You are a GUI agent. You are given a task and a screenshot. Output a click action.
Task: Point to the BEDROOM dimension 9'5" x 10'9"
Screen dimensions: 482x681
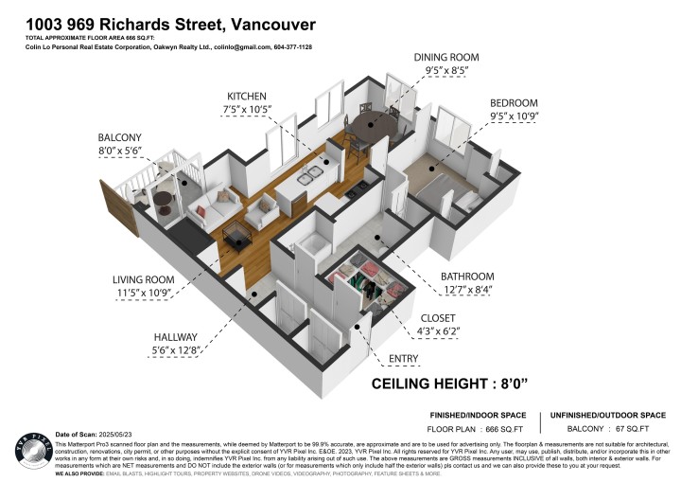click(x=514, y=118)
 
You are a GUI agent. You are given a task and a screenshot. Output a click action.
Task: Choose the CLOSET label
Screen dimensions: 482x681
click(x=438, y=318)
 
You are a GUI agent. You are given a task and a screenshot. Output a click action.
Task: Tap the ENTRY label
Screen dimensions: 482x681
click(x=405, y=359)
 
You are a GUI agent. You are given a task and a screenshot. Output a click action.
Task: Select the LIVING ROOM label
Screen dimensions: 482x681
click(x=144, y=279)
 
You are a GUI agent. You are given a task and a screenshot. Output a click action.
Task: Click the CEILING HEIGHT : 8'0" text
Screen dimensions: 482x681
click(x=462, y=384)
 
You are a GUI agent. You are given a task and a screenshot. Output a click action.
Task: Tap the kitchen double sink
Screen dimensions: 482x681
click(x=309, y=177)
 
